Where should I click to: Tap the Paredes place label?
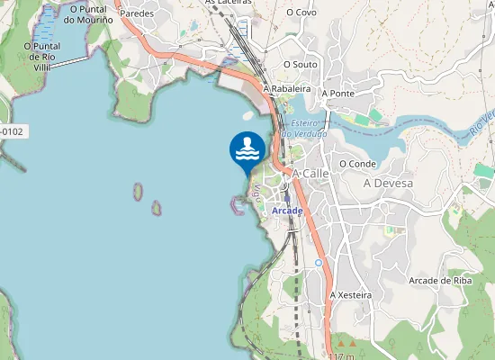137,13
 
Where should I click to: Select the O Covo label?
301,13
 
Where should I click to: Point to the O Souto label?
301,65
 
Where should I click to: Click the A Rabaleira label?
286,89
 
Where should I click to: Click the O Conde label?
357,164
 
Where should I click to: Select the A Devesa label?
388,184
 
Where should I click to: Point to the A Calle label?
311,173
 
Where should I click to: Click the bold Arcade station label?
287,211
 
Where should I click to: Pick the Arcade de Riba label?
440,281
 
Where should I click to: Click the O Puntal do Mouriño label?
87,13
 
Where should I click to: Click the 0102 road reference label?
12,131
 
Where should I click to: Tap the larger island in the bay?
138,192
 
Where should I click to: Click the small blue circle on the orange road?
319,263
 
